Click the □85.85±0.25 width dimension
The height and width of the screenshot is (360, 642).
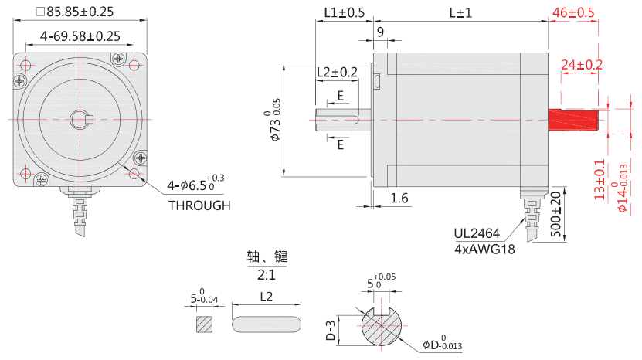[x=75, y=12]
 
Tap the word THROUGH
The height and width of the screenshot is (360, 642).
[x=199, y=205]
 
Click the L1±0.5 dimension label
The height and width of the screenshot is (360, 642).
[x=344, y=12]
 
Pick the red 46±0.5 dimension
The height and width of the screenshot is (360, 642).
[x=572, y=12]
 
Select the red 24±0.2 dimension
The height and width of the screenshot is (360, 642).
[x=581, y=64]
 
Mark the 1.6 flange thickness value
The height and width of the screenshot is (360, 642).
[x=399, y=199]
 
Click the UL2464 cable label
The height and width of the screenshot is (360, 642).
[x=476, y=233]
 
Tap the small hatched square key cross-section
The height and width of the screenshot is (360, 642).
[x=205, y=324]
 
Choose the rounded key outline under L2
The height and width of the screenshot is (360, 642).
[x=267, y=324]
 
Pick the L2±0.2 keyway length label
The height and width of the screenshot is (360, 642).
[x=337, y=72]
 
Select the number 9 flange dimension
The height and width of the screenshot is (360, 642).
[x=379, y=32]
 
